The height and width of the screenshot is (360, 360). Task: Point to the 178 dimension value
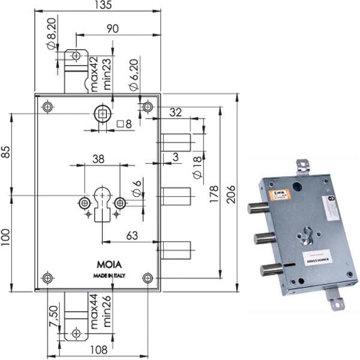[214, 191]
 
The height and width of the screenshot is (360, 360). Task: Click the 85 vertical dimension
[5, 153]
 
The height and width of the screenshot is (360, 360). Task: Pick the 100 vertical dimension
[5, 243]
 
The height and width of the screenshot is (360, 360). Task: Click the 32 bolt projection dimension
[175, 112]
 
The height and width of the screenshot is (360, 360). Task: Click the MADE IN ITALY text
[110, 275]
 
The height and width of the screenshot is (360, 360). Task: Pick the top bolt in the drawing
[176, 142]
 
